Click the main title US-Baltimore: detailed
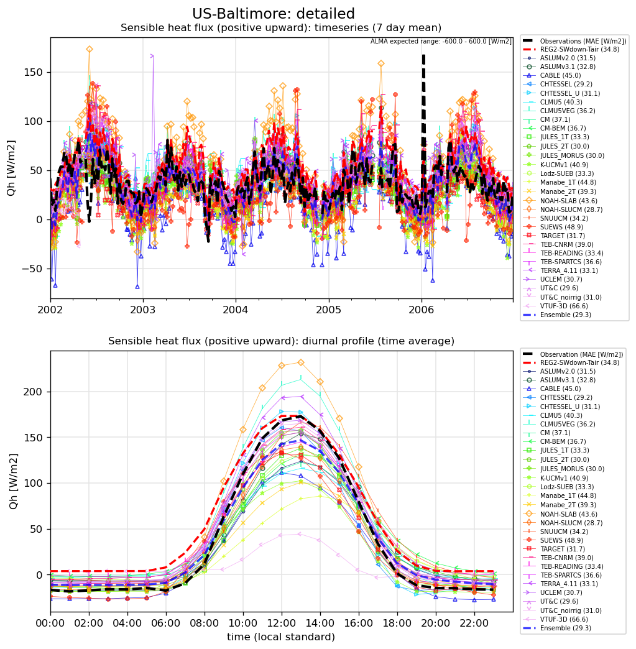click(274, 14)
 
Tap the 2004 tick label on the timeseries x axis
click(236, 310)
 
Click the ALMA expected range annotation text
click(441, 42)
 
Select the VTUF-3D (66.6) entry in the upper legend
click(564, 306)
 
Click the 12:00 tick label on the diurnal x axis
click(282, 623)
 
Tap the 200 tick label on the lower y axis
click(33, 392)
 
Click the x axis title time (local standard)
click(281, 637)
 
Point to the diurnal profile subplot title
click(282, 341)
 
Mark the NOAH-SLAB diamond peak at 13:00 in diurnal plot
click(301, 362)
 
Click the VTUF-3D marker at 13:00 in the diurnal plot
click(301, 534)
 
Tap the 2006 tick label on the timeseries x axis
click(422, 310)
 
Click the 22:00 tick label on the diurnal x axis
click(474, 623)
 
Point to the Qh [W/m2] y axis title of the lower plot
click(13, 481)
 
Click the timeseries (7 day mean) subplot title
click(281, 28)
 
